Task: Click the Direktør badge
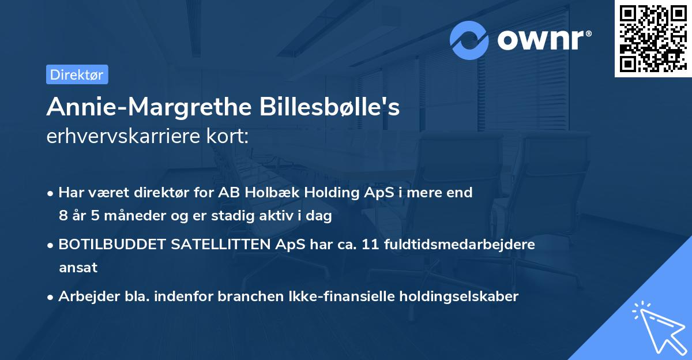77,74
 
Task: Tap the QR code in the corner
653,38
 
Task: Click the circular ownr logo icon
469,40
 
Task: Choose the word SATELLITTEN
220,245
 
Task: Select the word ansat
78,268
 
